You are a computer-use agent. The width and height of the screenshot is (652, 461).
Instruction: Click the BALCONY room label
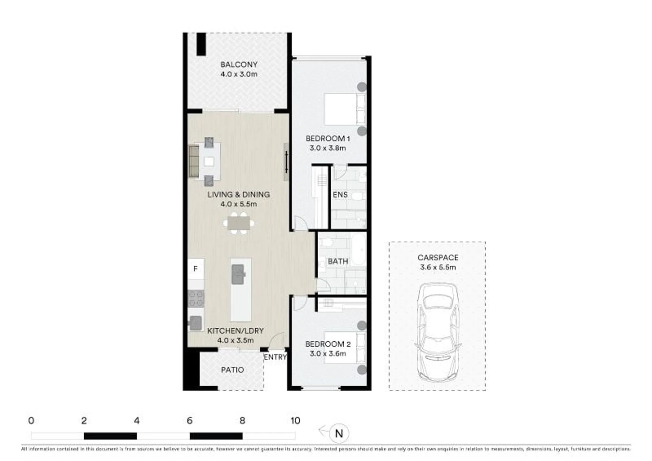tap(239, 64)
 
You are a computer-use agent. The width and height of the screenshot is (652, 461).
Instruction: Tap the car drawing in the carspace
tap(438, 332)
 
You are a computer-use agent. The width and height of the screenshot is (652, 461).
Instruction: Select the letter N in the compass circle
tap(339, 433)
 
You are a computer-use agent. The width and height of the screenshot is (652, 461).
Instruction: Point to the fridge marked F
tap(196, 269)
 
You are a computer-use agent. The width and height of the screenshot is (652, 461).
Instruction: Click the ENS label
tap(340, 195)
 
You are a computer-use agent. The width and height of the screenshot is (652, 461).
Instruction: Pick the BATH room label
tap(338, 261)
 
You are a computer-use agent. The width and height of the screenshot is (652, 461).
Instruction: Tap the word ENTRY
tap(275, 357)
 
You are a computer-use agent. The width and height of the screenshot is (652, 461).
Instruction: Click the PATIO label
tap(232, 370)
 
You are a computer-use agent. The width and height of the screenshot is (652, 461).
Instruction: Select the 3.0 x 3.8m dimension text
tap(328, 148)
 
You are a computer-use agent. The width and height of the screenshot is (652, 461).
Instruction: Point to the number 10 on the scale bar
tap(295, 421)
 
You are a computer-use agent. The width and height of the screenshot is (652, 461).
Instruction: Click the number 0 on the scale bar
tap(31, 421)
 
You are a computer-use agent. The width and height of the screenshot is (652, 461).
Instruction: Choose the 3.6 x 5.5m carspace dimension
tap(438, 267)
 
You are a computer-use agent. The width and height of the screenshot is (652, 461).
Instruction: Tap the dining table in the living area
tap(239, 223)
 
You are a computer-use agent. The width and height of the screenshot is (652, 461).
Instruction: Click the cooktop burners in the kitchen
tap(196, 298)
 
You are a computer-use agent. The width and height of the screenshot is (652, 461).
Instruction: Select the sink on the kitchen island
tap(238, 274)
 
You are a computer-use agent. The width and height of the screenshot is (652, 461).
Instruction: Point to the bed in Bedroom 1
tap(345, 109)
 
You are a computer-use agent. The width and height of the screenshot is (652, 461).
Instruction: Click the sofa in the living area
tap(194, 161)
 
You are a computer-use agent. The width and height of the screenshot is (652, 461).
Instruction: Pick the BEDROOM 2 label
tap(328, 344)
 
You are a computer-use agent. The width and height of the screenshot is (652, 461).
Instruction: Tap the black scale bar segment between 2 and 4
tap(110, 436)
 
